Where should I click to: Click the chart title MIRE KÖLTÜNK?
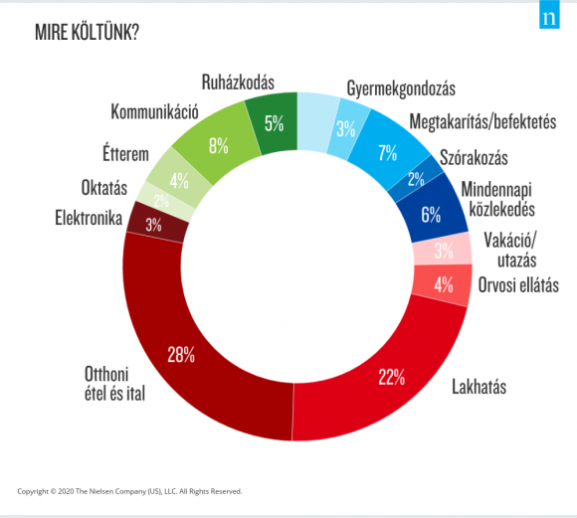point(88,33)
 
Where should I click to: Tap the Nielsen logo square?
point(549,14)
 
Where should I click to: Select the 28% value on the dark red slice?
point(181,355)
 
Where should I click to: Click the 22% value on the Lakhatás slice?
point(392,377)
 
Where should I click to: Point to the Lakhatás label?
point(480,387)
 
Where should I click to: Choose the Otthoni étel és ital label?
point(114,384)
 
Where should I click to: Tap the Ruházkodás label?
point(238,83)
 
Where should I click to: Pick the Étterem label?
point(126,153)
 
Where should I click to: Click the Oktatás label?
point(104,188)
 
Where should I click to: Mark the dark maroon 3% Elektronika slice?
point(156,222)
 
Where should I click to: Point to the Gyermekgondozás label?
point(401,88)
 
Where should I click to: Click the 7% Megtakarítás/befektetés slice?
point(388,151)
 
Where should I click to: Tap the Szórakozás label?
point(474,157)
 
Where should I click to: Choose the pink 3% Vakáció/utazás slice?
point(443,251)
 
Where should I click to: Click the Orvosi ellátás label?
point(518,285)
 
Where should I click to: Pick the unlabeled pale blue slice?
point(316,121)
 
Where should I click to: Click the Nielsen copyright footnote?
point(129,491)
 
